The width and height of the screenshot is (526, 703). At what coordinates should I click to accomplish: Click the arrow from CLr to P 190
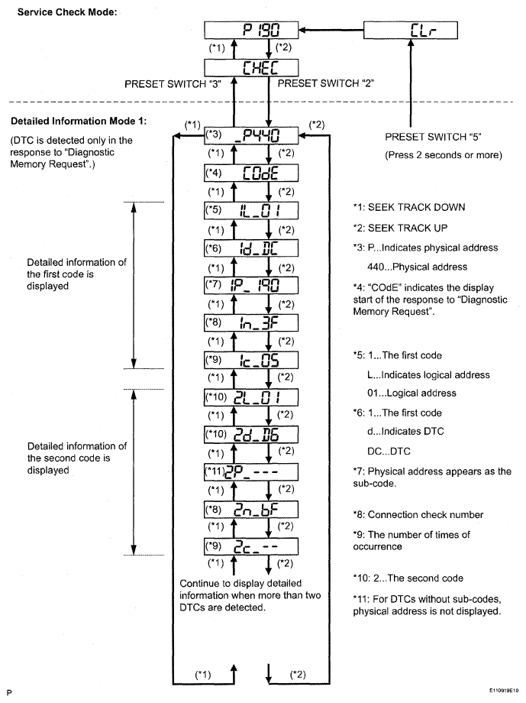click(x=332, y=31)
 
